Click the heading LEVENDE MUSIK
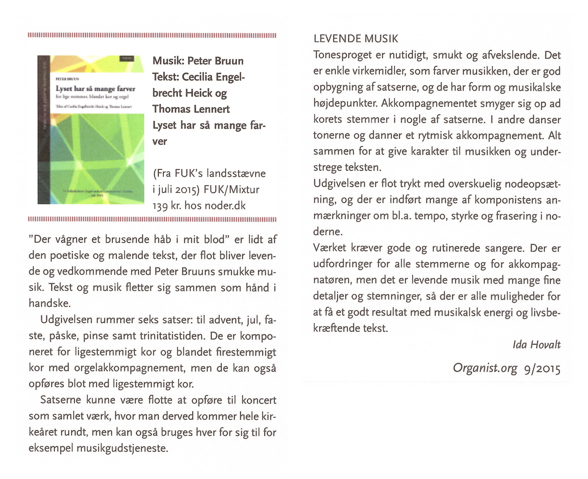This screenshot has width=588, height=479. (x=356, y=39)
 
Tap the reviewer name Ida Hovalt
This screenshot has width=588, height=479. (x=537, y=345)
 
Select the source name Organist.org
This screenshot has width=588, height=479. (x=485, y=368)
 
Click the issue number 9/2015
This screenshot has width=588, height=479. (x=542, y=369)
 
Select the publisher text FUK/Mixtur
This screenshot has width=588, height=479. (x=232, y=190)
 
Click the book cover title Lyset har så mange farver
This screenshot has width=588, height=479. (x=95, y=89)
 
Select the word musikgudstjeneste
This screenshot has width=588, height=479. (x=122, y=448)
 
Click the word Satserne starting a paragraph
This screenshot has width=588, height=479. (x=61, y=400)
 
